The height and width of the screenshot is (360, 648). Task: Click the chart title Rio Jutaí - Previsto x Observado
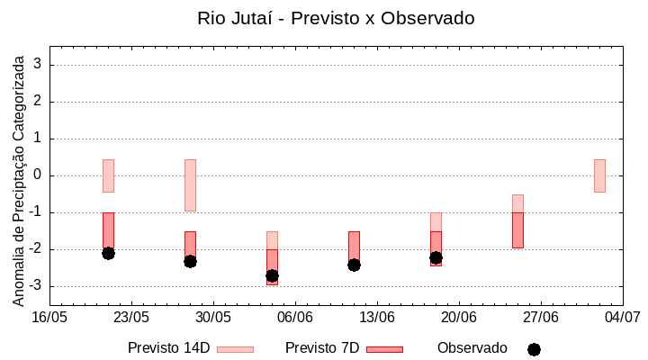[336, 18]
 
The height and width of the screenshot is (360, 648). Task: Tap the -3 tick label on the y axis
[36, 286]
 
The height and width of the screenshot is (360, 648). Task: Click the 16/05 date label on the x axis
[49, 318]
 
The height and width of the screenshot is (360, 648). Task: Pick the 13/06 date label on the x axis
[377, 318]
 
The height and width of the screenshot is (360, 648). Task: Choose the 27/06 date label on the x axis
[541, 318]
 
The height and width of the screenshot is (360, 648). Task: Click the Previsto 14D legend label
[168, 348]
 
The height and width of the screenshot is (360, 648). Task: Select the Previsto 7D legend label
[321, 348]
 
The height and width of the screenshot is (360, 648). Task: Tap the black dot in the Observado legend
[534, 349]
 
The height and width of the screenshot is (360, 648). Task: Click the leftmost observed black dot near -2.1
[108, 253]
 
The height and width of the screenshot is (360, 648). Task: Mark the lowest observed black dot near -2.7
[272, 275]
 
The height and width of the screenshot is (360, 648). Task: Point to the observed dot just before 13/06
[354, 265]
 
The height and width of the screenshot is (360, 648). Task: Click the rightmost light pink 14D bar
[599, 175]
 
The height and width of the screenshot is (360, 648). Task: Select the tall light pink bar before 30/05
[190, 184]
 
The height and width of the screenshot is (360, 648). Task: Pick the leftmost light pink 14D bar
[108, 175]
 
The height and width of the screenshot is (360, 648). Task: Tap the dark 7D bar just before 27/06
[517, 229]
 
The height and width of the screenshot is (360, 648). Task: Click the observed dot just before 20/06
[436, 257]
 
